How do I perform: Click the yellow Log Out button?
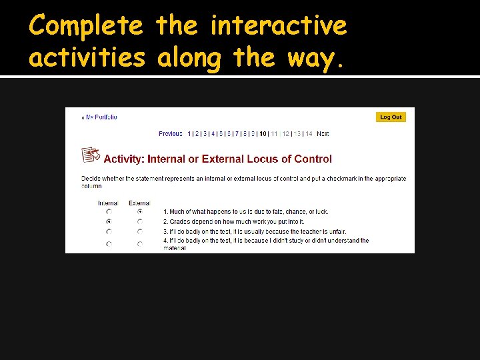coord(391,117)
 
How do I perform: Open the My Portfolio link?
coord(100,117)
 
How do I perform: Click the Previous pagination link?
coord(171,134)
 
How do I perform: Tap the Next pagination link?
coord(323,134)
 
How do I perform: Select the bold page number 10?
coord(263,134)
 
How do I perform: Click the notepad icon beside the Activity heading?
coord(91,155)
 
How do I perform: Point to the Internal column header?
coord(108,203)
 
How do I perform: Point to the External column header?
coord(139,203)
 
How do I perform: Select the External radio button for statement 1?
coord(140,212)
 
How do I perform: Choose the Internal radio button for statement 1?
coord(109,212)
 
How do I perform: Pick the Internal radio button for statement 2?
coord(109,221)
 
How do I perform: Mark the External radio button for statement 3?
coord(140,232)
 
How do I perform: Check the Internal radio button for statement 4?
coord(109,244)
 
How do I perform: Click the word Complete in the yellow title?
coord(86,27)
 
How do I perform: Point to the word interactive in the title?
coord(279,27)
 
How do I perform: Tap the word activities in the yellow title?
coord(87,58)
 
